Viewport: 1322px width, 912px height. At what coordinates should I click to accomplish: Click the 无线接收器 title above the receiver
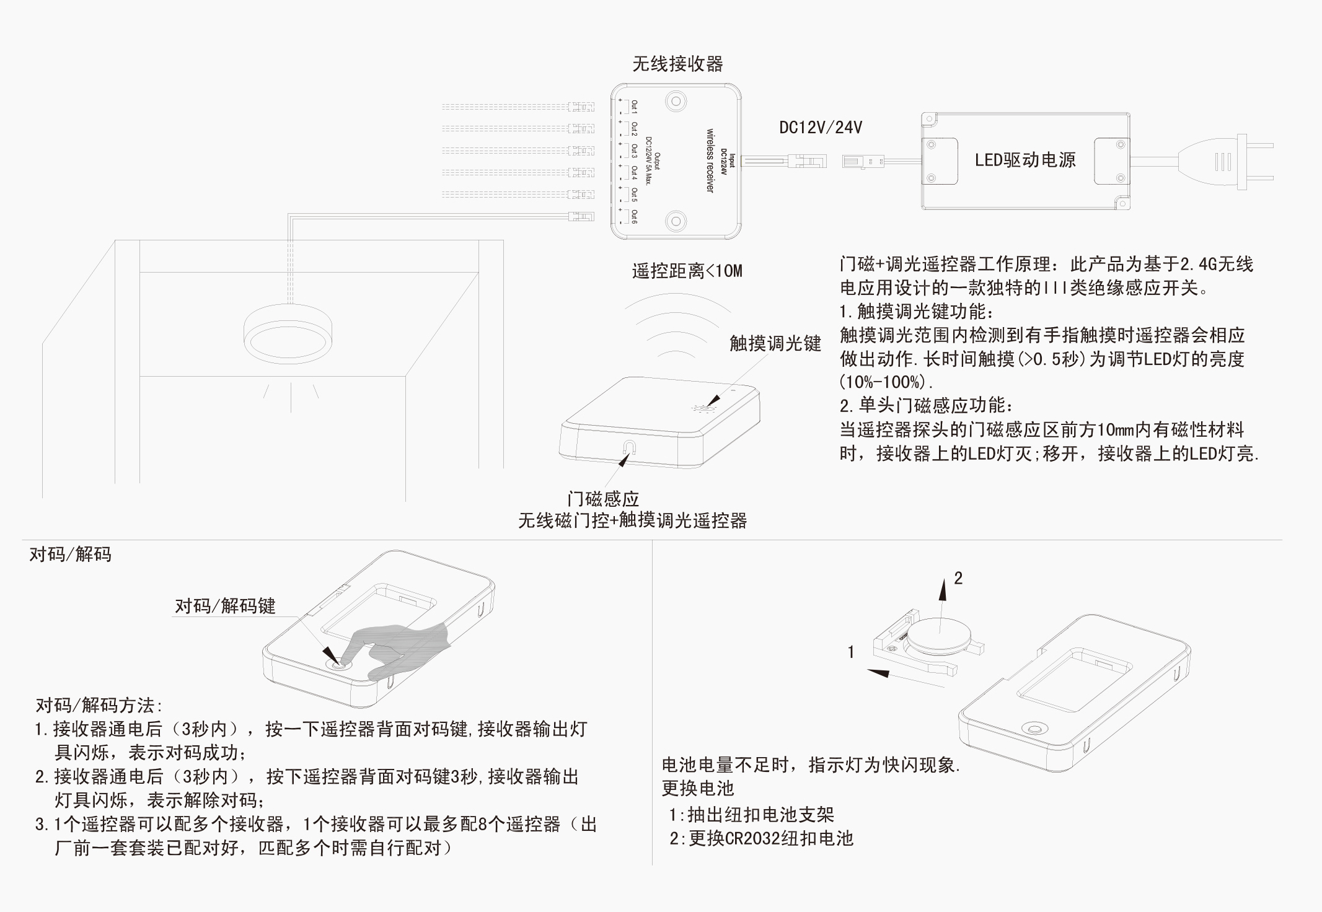pyautogui.click(x=677, y=64)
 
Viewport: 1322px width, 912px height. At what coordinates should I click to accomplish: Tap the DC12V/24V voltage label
pyautogui.click(x=821, y=128)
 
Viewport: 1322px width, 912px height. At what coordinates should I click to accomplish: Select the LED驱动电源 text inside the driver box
pyautogui.click(x=1025, y=160)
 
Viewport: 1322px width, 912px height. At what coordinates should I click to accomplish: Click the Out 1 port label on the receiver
pyautogui.click(x=633, y=106)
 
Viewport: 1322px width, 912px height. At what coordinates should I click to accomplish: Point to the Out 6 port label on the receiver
pyautogui.click(x=633, y=217)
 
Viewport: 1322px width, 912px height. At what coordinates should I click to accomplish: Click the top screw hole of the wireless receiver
pyautogui.click(x=676, y=102)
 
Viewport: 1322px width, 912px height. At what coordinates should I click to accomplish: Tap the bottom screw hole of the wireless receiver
pyautogui.click(x=676, y=221)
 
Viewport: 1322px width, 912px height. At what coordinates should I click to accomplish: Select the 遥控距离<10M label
pyautogui.click(x=687, y=271)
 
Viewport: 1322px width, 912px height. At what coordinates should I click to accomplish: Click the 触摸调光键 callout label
pyautogui.click(x=775, y=343)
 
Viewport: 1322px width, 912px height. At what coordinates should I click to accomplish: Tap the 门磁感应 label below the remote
pyautogui.click(x=603, y=499)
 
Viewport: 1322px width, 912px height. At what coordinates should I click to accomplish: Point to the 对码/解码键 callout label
pyautogui.click(x=225, y=606)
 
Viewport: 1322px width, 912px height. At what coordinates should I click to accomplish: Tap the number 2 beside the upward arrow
pyautogui.click(x=958, y=578)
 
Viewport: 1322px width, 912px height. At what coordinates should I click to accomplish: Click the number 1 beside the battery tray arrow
pyautogui.click(x=851, y=652)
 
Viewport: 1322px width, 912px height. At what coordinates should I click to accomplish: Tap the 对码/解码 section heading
pyautogui.click(x=71, y=554)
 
